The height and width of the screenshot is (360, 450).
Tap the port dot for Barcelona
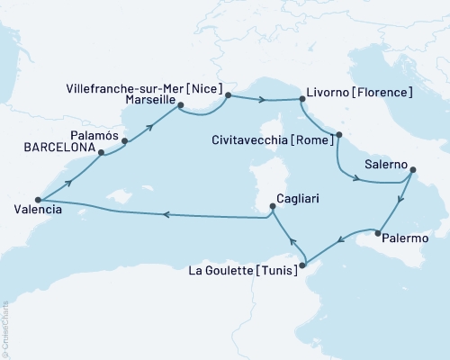tap(101, 153)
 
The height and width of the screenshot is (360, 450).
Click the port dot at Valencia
tap(38, 200)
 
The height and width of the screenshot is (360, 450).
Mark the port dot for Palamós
tap(124, 140)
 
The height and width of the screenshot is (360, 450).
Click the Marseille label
tap(145, 101)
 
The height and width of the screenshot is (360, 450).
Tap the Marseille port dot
tap(178, 110)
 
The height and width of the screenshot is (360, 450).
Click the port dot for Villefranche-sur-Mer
tap(228, 94)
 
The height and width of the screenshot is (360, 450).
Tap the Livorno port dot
tap(301, 99)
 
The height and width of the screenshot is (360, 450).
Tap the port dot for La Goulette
tap(304, 264)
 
